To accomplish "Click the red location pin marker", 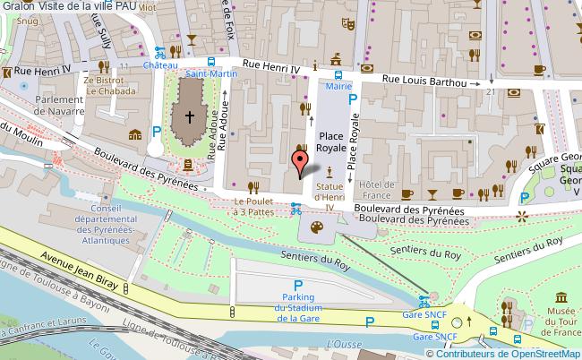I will [302, 160].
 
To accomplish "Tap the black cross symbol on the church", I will [189, 116].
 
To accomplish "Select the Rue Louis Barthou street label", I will [425, 81].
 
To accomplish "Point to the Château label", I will [160, 65].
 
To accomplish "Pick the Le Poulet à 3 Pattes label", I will [253, 207].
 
